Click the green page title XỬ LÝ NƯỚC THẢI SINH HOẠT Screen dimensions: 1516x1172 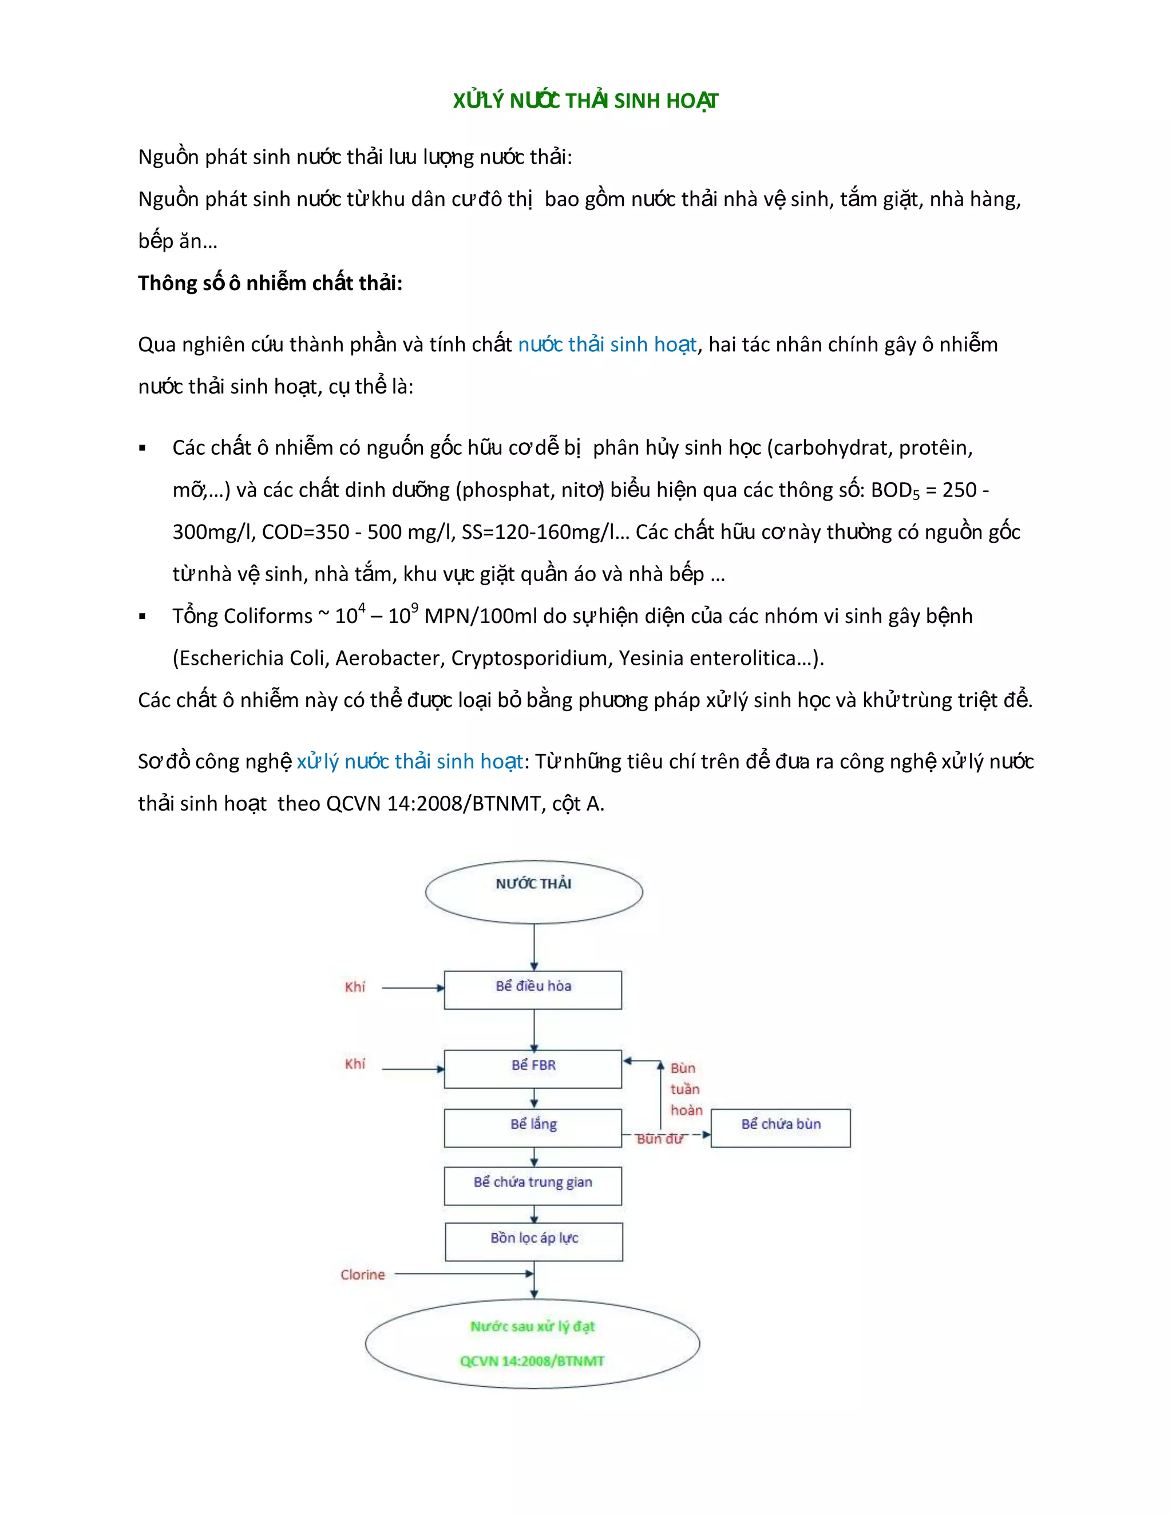click(x=585, y=101)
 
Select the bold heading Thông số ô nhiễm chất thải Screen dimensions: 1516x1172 click(x=270, y=283)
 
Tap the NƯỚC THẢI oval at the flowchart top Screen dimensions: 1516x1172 click(x=533, y=891)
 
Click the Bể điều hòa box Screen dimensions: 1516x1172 click(x=533, y=989)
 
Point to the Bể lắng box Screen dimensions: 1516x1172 click(x=533, y=1128)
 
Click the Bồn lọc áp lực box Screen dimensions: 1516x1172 click(x=533, y=1241)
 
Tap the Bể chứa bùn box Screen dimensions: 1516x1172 click(x=781, y=1128)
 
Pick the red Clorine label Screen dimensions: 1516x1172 click(x=362, y=1275)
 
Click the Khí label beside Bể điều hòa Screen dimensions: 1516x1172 click(x=355, y=987)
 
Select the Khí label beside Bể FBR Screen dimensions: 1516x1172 click(x=355, y=1064)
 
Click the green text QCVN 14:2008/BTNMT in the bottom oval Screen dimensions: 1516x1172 click(x=532, y=1361)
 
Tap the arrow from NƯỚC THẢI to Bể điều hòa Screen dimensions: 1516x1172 click(x=534, y=947)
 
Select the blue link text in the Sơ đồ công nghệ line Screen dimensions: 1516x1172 click(x=410, y=761)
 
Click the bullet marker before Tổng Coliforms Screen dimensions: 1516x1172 click(x=142, y=616)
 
